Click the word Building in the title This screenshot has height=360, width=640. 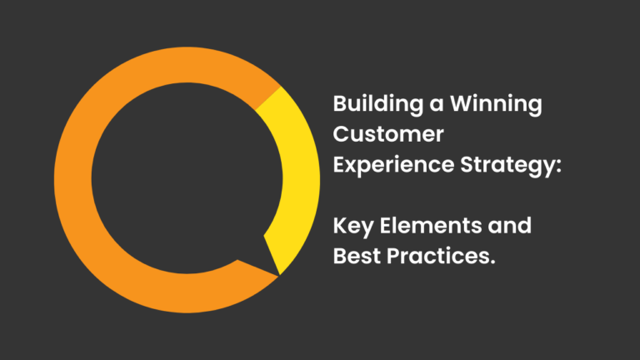[x=372, y=106]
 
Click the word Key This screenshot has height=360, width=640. [x=352, y=227]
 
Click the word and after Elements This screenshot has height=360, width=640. [x=510, y=226]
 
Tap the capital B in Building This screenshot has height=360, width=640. [x=340, y=106]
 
